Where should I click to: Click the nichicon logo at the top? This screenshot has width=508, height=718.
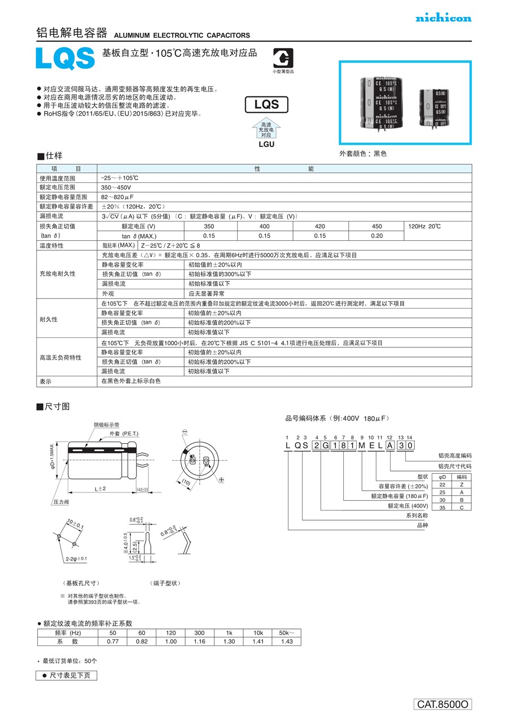click(x=443, y=19)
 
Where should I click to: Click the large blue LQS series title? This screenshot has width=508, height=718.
click(x=65, y=58)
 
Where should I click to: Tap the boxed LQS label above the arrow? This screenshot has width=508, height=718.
click(x=266, y=104)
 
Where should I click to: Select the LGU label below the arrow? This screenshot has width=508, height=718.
click(x=266, y=144)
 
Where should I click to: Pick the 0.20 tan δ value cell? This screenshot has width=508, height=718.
click(x=376, y=236)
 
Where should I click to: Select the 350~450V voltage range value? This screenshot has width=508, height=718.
click(x=116, y=187)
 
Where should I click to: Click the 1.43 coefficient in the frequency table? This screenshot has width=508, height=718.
click(x=287, y=641)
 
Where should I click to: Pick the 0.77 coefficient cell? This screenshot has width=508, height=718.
click(x=113, y=641)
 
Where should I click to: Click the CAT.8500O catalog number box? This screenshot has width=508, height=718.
click(x=443, y=704)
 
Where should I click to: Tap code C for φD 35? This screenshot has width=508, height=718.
click(x=462, y=508)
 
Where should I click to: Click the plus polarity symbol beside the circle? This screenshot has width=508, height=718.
click(x=222, y=479)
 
